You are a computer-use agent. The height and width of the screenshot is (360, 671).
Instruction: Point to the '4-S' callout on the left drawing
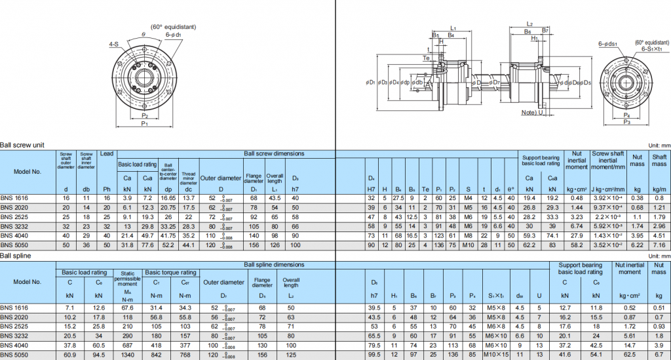(114, 45)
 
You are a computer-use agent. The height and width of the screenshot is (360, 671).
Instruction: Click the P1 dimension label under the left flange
(144, 123)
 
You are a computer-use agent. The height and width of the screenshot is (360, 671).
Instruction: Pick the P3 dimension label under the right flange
(626, 122)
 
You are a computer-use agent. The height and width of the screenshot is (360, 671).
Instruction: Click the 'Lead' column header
(107, 153)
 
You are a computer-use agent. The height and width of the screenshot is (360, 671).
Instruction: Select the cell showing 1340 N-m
(128, 355)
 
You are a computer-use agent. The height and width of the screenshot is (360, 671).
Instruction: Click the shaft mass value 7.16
(659, 245)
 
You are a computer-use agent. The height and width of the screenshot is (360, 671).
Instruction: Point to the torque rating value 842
(156, 355)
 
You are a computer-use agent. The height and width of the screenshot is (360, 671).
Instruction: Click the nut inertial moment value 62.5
(630, 355)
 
